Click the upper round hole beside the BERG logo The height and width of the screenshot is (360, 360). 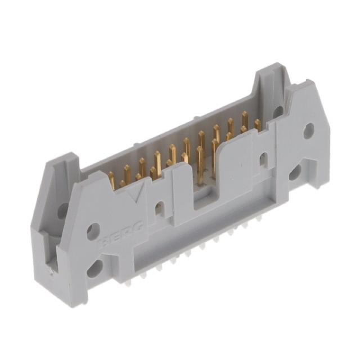93,231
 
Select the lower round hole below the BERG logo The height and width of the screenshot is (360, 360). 95,267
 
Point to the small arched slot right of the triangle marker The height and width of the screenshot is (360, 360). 160,209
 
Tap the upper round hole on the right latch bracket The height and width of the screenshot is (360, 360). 308,131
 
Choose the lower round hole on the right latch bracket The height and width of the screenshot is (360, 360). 295,171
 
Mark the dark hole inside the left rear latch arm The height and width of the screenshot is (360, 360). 62,210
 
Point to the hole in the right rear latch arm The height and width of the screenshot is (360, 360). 278,111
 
